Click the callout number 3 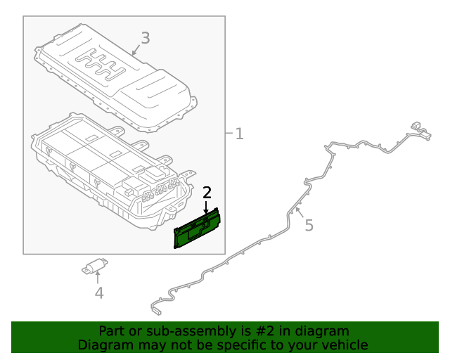pos(146,38)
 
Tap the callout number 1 pos(239,134)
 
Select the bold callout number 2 pos(207,193)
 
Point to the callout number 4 pos(99,293)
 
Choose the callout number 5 pos(309,225)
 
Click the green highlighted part pos(197,229)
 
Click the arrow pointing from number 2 pos(206,207)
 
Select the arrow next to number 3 pos(136,49)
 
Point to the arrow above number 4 pos(98,278)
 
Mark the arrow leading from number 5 pos(300,212)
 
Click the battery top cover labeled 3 pos(115,78)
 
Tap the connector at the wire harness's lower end pos(156,311)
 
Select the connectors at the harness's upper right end pos(420,131)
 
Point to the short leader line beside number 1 pos(229,133)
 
